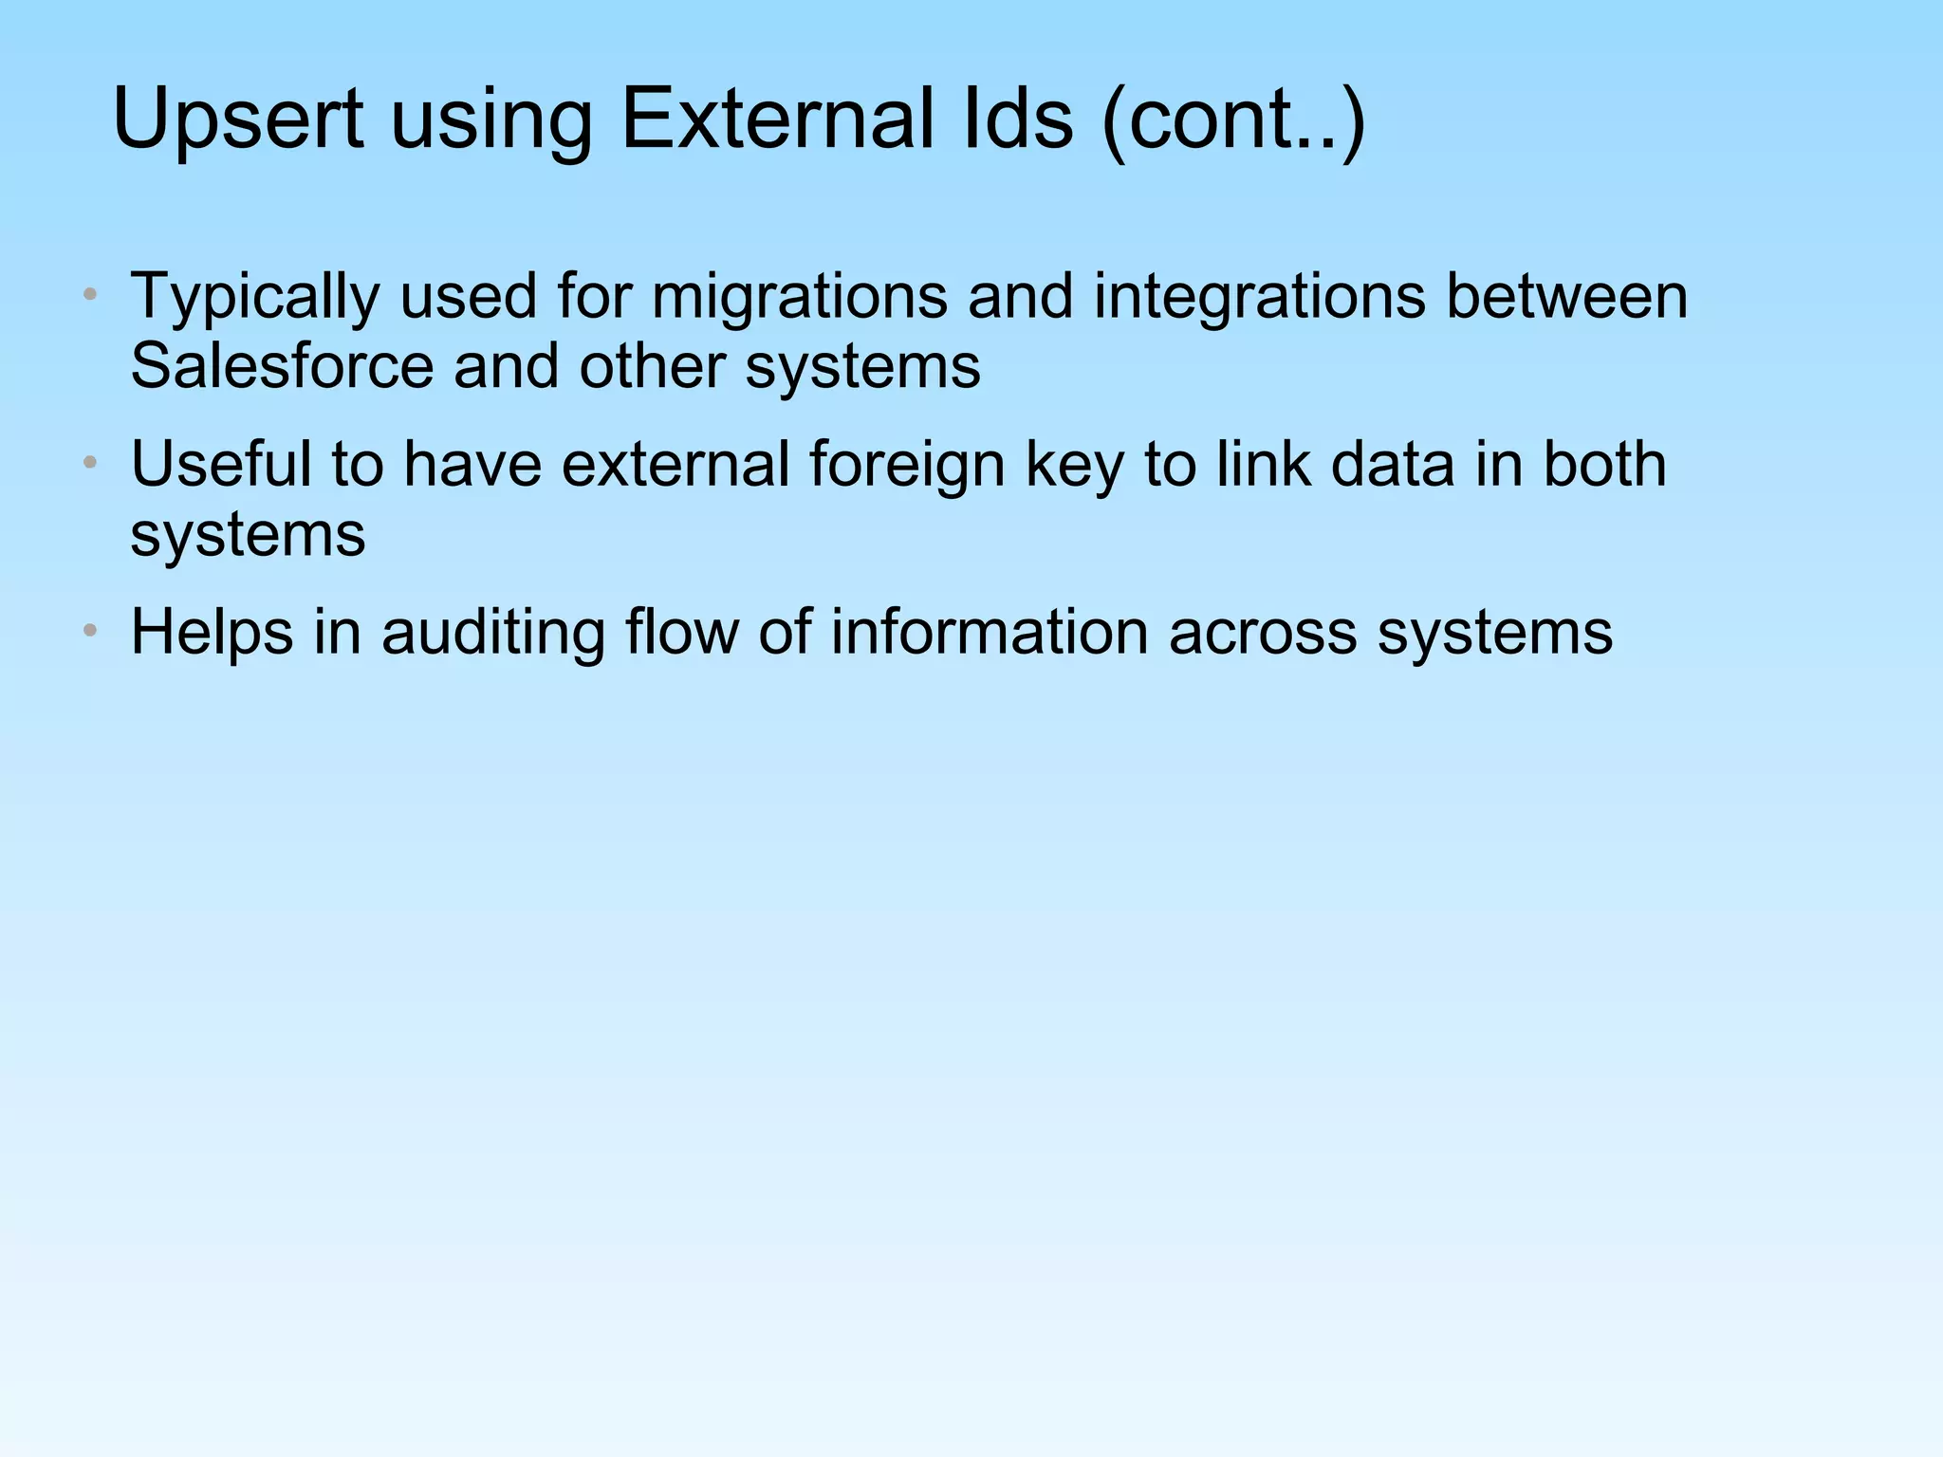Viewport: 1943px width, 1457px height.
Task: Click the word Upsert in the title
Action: pos(237,120)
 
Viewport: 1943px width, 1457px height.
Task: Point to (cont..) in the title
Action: pos(1234,120)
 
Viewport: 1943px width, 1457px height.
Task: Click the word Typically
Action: pos(254,298)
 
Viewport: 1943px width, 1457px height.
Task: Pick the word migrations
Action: pos(799,298)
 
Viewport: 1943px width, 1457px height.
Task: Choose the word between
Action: pos(1566,296)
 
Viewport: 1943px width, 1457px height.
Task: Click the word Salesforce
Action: pos(281,366)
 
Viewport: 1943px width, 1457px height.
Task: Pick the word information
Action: pos(989,632)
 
